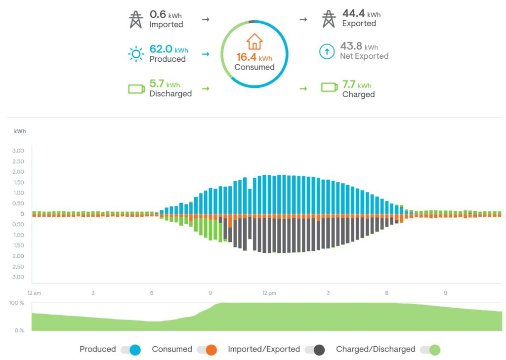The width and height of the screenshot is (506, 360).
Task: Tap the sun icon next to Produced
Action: coord(135,53)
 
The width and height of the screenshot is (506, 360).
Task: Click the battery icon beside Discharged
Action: coord(136,89)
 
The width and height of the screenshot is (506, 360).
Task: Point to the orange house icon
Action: coord(254,41)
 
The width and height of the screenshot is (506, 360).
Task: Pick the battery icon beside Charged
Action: coord(329,87)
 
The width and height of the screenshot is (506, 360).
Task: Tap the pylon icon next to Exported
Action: coord(329,19)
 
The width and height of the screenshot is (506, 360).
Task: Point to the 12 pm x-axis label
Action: coord(269,293)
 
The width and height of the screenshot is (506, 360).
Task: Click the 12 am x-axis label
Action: coord(35,293)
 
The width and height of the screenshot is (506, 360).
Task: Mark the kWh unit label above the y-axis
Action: coord(20,131)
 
